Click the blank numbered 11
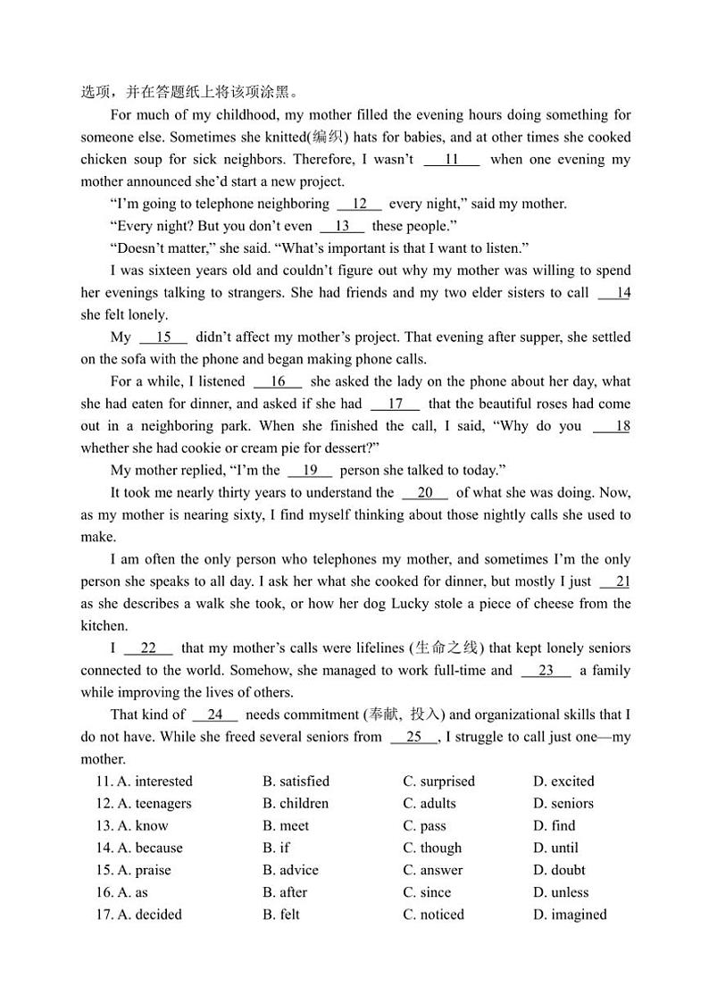[x=451, y=160]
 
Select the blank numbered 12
[x=360, y=204]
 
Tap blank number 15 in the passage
[x=163, y=338]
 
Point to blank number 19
[x=310, y=471]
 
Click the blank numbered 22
[x=148, y=648]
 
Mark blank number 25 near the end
[x=413, y=737]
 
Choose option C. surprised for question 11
[x=438, y=782]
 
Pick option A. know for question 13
[x=142, y=826]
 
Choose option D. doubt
[x=559, y=870]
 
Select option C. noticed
[x=433, y=915]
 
